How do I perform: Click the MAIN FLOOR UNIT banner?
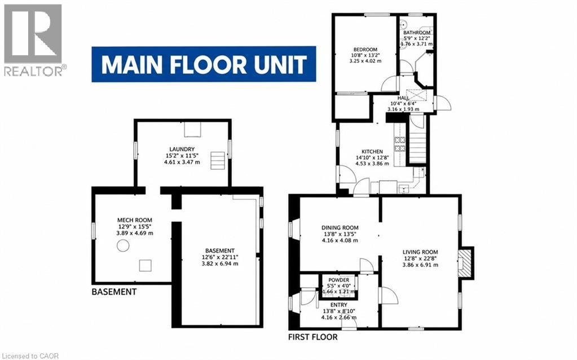pyautogui.click(x=204, y=64)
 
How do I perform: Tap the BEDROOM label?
pyautogui.click(x=365, y=50)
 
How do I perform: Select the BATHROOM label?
pyautogui.click(x=417, y=32)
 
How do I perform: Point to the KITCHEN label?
pyautogui.click(x=372, y=152)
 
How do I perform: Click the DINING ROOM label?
pyautogui.click(x=340, y=228)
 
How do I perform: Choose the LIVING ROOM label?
pyautogui.click(x=420, y=252)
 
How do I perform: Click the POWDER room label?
pyautogui.click(x=338, y=280)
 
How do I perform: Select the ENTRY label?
pyautogui.click(x=338, y=305)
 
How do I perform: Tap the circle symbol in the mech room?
pyautogui.click(x=123, y=245)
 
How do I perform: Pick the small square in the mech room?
pyautogui.click(x=145, y=265)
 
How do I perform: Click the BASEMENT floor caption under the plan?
pyautogui.click(x=114, y=292)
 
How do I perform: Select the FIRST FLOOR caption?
pyautogui.click(x=313, y=337)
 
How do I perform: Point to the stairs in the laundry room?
pyautogui.click(x=218, y=160)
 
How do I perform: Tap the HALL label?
pyautogui.click(x=403, y=98)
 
